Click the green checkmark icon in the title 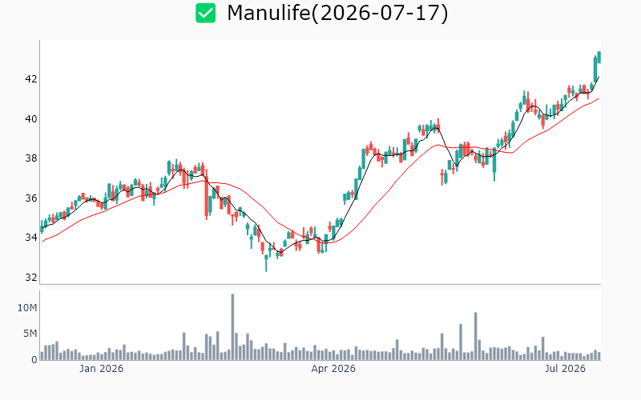click(205, 13)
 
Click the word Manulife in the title click(268, 13)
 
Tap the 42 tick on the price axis click(31, 78)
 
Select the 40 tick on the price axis click(31, 118)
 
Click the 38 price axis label click(31, 158)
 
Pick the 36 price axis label click(31, 198)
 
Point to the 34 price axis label click(31, 238)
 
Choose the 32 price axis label click(31, 278)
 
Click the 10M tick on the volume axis click(27, 308)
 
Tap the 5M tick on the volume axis click(30, 334)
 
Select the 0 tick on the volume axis click(34, 359)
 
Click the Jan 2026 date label click(102, 369)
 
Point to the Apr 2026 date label click(333, 369)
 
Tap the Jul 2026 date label click(565, 369)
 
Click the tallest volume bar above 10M click(232, 326)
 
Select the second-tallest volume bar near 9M click(475, 336)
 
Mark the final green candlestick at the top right click(599, 57)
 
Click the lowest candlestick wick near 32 click(266, 263)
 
